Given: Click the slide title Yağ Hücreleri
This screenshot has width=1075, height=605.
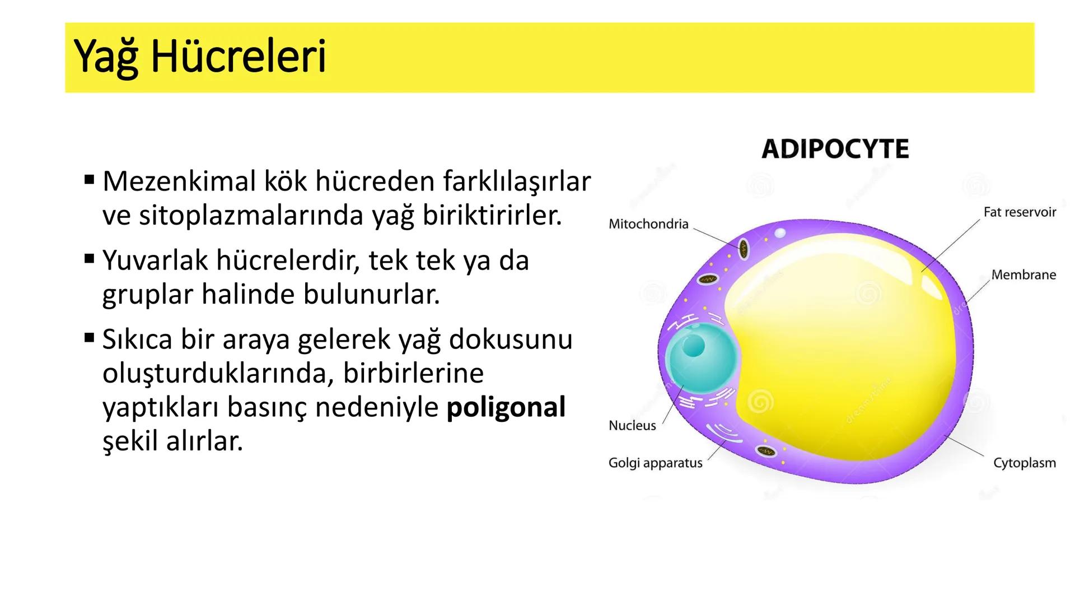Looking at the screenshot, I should [200, 57].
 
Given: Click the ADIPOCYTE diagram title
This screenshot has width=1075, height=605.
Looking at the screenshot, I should [835, 149].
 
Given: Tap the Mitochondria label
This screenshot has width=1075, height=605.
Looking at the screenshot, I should [648, 224].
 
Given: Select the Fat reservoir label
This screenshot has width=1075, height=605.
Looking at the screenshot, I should [1019, 212].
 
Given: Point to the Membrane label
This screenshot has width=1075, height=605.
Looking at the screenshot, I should [1023, 275].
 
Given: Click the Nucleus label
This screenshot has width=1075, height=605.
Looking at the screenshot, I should [632, 426].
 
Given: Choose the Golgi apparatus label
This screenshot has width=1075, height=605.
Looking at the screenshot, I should [655, 463].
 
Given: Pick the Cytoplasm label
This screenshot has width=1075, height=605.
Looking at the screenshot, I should [1024, 463].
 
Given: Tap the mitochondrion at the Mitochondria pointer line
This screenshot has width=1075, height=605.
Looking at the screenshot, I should [743, 249].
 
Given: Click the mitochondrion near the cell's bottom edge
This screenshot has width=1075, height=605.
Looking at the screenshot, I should [765, 451].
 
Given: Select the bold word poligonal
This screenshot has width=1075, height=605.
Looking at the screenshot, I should [506, 408].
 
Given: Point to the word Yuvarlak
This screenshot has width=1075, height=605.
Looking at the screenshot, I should [155, 260].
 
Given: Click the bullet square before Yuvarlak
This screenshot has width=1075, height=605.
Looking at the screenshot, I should [90, 259].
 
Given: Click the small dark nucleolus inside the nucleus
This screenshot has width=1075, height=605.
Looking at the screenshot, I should [693, 346].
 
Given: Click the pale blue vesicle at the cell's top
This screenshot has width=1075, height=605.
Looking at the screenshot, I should [780, 232].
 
